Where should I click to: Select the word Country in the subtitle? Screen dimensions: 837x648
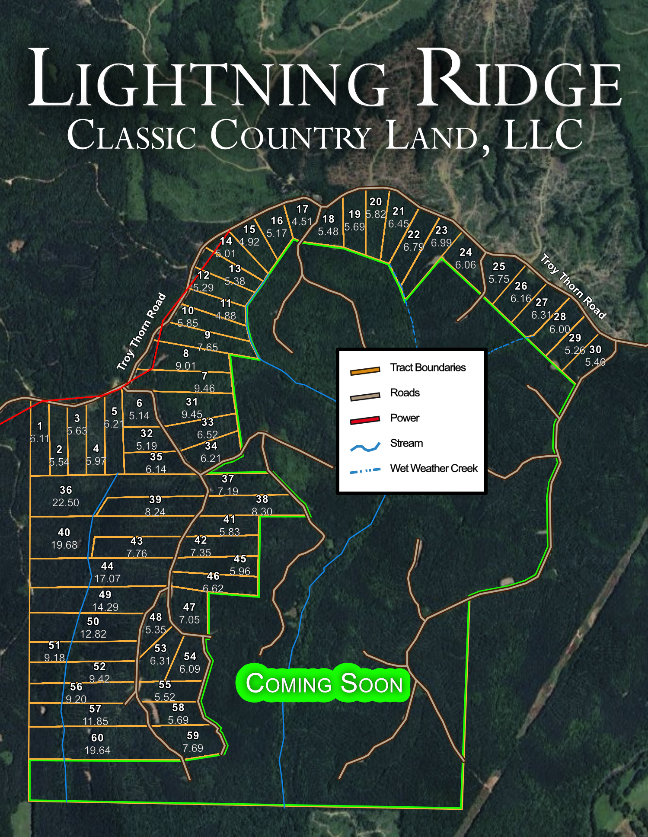click(x=290, y=135)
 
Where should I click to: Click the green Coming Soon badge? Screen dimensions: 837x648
click(x=323, y=683)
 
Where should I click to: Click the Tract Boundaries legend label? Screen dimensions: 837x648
click(x=428, y=367)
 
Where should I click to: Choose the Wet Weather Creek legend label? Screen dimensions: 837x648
click(x=434, y=468)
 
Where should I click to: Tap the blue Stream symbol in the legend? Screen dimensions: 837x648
click(x=365, y=447)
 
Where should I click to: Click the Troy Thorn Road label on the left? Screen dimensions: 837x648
click(x=142, y=331)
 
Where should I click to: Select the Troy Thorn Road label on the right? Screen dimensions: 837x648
click(x=573, y=286)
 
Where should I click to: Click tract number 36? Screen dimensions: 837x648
click(x=66, y=490)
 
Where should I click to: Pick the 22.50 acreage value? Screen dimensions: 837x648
click(x=66, y=502)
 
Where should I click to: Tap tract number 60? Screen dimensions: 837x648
click(x=97, y=738)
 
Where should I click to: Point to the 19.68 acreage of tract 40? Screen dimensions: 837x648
click(x=64, y=545)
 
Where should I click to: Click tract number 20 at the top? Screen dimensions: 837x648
click(x=376, y=201)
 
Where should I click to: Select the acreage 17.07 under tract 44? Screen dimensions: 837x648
click(x=107, y=578)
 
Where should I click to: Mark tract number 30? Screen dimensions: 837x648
click(x=595, y=349)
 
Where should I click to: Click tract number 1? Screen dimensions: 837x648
click(x=40, y=426)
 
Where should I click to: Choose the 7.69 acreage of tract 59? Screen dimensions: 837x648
click(x=193, y=748)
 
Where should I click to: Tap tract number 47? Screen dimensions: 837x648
click(x=189, y=607)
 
